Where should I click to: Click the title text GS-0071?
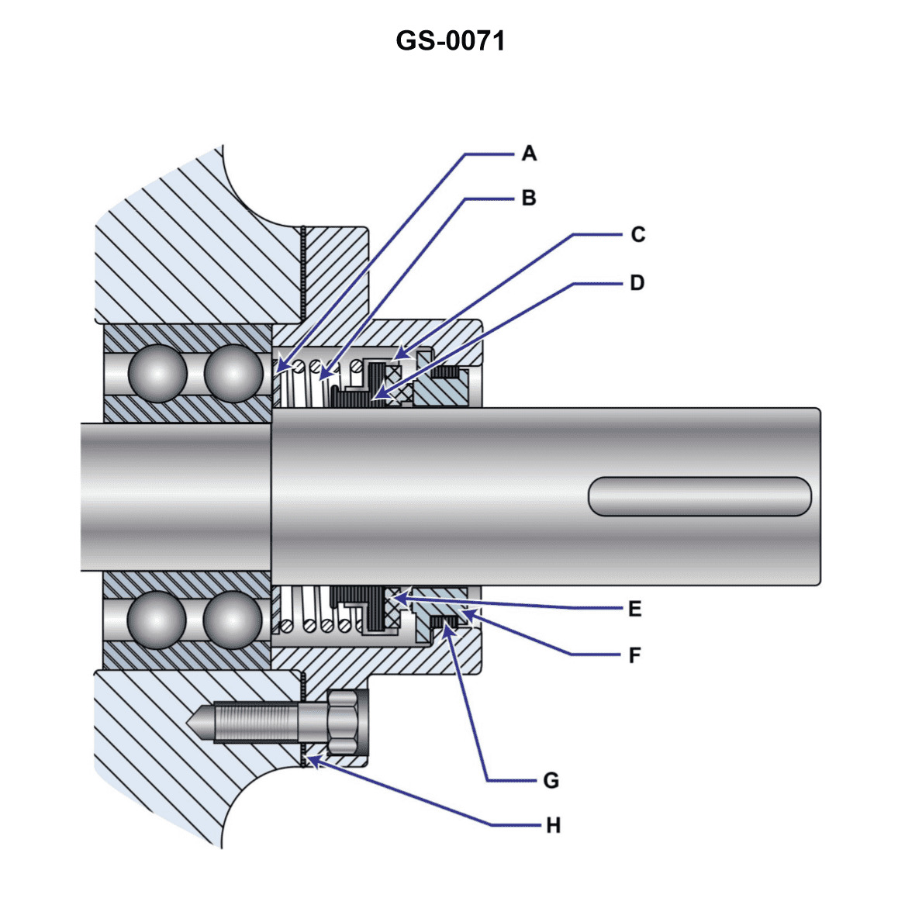coord(451,40)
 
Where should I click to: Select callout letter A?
coord(529,154)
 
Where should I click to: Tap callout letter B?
coord(529,199)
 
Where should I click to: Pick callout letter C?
coord(637,234)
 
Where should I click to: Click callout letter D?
coord(637,283)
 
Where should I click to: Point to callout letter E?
coord(635,610)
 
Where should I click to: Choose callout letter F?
coord(635,656)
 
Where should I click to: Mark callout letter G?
coord(551,780)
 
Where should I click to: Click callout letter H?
coord(553,826)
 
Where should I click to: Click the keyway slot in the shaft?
coord(699,496)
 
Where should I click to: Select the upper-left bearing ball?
coord(158,373)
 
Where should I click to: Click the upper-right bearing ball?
coord(233,373)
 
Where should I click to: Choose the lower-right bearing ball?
coord(233,620)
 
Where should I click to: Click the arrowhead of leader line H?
coord(309,759)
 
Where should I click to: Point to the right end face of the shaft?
coord(819,496)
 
